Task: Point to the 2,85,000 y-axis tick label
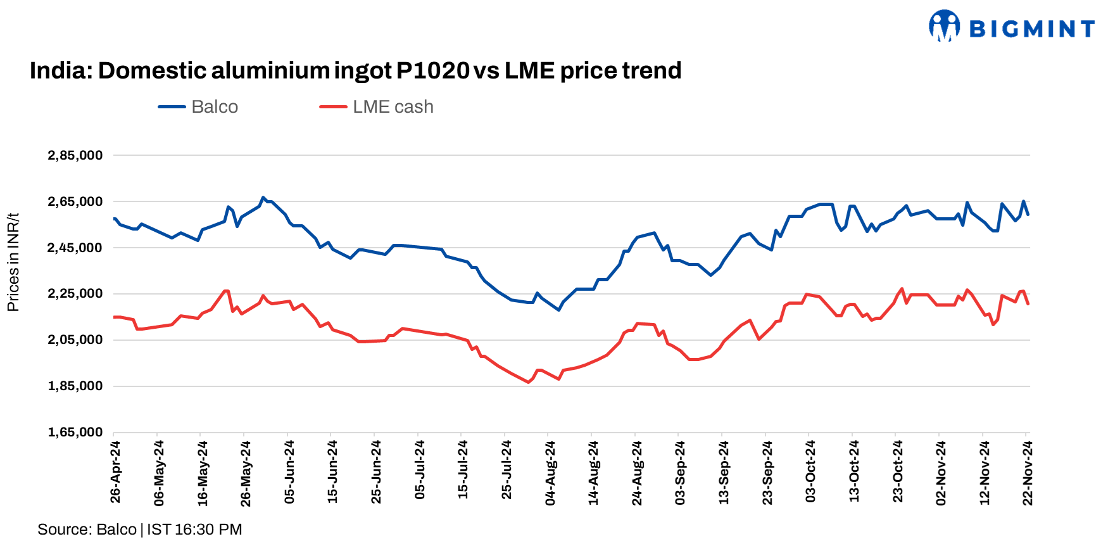[75, 155]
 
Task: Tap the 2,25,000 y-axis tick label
[75, 294]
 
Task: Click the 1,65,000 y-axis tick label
[75, 432]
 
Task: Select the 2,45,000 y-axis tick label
[75, 248]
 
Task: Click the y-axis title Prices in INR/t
[13, 262]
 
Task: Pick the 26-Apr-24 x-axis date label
[115, 472]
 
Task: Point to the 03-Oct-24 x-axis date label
[810, 472]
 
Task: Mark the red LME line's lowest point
[529, 382]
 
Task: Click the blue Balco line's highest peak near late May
[263, 198]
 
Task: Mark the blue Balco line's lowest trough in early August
[558, 310]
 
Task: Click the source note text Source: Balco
[87, 530]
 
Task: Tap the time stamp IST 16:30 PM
[194, 530]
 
